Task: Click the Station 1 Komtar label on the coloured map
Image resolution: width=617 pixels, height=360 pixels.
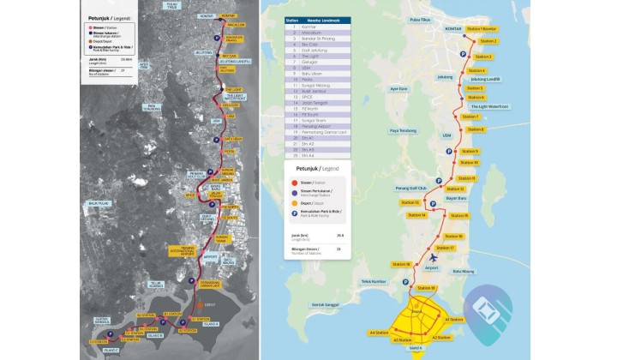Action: click(x=482, y=28)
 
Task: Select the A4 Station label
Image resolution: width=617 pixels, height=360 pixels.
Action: click(x=379, y=332)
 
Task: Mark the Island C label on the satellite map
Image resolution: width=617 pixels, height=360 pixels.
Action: click(x=111, y=351)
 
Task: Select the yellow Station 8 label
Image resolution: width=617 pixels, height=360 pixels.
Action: click(x=472, y=129)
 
